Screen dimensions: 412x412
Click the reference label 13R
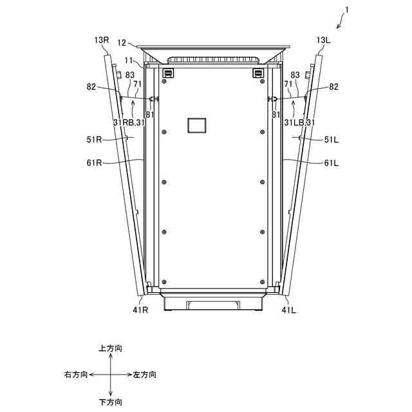102,40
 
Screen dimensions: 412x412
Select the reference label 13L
323,40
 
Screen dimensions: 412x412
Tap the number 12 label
122,43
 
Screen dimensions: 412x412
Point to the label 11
129,61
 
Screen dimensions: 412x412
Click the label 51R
94,140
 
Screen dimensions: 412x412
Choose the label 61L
332,163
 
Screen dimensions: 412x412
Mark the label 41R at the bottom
140,310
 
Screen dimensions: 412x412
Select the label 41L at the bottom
289,310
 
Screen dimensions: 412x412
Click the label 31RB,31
129,122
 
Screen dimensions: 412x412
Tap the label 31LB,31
299,122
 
